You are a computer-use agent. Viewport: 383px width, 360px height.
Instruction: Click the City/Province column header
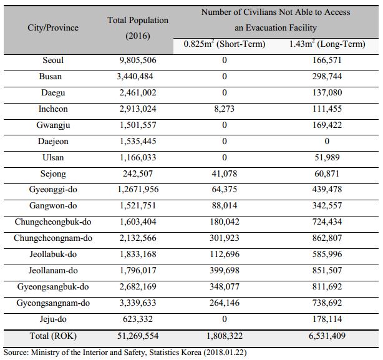tap(53, 27)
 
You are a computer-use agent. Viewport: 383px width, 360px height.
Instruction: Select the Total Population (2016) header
tap(138, 28)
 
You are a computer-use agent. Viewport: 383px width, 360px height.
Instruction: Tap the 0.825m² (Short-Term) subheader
tap(225, 44)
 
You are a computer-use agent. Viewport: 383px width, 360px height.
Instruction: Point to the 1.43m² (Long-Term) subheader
tap(327, 44)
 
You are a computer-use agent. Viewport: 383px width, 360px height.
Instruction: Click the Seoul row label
tap(53, 60)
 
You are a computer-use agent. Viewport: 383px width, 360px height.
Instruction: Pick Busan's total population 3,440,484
tap(135, 77)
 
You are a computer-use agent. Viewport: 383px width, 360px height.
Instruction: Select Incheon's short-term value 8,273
tap(224, 109)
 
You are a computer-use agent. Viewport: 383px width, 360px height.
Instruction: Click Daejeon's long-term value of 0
tap(327, 141)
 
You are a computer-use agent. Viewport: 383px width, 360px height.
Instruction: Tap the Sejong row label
tap(53, 174)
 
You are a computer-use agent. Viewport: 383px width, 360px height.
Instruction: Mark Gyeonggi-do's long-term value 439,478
tap(327, 189)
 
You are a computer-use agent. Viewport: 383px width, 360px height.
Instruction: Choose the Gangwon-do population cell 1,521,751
tap(138, 206)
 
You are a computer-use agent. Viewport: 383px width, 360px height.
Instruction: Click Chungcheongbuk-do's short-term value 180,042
tap(225, 221)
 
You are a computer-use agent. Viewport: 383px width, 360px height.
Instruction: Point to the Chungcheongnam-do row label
tap(53, 238)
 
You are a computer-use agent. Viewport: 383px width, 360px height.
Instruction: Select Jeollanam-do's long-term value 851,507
tap(327, 270)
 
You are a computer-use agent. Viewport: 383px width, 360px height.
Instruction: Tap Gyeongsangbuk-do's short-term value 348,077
tap(225, 286)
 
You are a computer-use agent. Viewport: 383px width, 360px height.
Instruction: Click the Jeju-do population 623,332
tap(138, 319)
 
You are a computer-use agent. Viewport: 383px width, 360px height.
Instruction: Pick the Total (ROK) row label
tap(53, 336)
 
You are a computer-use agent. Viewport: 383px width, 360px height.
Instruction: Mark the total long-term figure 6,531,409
tap(327, 336)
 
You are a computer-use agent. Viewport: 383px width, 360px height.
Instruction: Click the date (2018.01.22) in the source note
tap(225, 353)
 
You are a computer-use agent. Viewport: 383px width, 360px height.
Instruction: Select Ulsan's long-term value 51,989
tap(327, 157)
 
